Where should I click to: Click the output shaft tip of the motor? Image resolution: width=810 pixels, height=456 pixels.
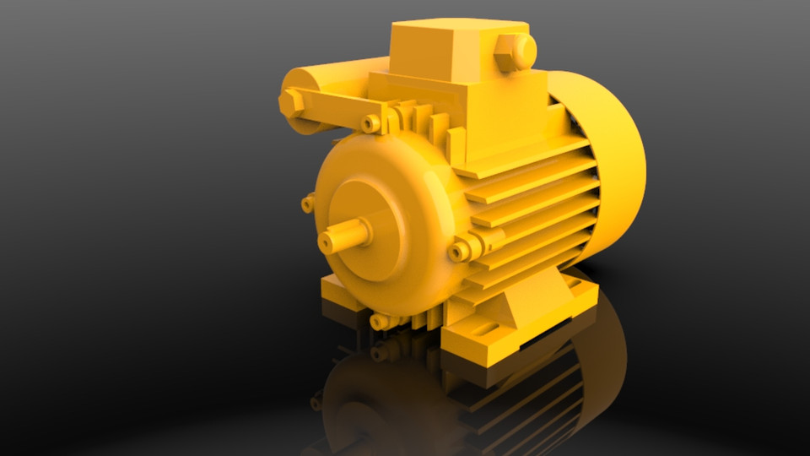328,242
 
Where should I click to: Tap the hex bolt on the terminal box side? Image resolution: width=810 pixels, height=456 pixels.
516,51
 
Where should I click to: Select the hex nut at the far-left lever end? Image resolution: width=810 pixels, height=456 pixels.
290,104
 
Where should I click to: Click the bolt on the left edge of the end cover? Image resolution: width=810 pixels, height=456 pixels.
308,203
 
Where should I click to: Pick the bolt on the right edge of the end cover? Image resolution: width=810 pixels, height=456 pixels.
461,251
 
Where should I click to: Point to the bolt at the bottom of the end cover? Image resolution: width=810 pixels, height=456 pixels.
379,322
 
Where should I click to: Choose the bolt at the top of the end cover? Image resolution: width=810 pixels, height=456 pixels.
370,123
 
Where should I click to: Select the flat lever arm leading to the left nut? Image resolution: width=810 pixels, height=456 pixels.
337,106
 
